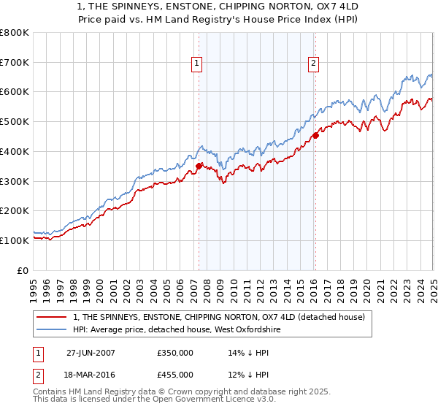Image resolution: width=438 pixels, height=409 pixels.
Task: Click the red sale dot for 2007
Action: pos(199,167)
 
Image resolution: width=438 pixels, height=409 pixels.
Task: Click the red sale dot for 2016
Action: pos(315,135)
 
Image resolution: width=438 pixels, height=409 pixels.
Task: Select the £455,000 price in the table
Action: pos(175,375)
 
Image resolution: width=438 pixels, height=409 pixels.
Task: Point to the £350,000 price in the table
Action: pos(175,351)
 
